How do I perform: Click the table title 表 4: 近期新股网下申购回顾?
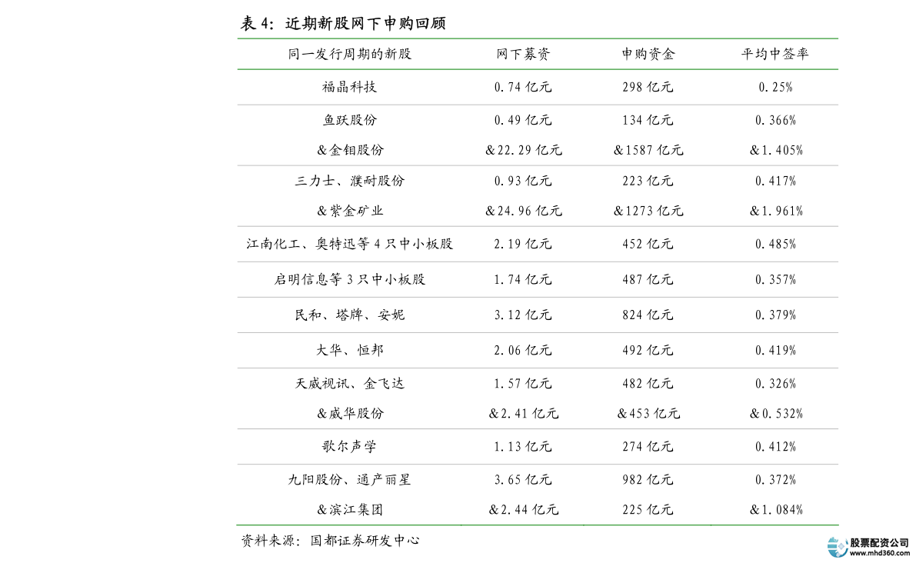point(344,23)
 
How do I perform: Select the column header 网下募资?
point(523,55)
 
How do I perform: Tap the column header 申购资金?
point(648,55)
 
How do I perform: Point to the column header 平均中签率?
point(775,55)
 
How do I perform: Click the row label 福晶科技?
point(349,87)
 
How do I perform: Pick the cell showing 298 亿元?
point(648,87)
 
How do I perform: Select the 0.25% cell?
point(776,87)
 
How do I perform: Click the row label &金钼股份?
point(350,150)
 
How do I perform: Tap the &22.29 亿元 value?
point(524,150)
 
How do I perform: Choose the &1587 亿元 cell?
point(648,150)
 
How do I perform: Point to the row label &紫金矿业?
point(350,211)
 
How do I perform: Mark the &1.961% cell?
point(776,211)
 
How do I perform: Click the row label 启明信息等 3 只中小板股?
point(350,280)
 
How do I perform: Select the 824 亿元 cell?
point(648,315)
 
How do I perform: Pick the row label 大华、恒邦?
point(350,351)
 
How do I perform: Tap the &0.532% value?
point(776,414)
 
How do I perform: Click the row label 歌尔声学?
point(349,447)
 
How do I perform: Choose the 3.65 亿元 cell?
point(523,480)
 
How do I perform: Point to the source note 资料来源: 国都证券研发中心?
point(330,541)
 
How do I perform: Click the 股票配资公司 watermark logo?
point(868,547)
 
